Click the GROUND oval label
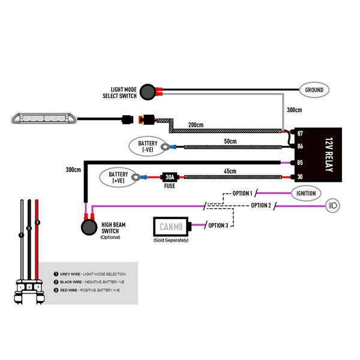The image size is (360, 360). pyautogui.click(x=314, y=90)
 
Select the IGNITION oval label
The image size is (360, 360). pyautogui.click(x=306, y=194)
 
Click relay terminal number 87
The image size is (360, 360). pyautogui.click(x=299, y=133)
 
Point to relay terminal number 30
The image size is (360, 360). pyautogui.click(x=299, y=177)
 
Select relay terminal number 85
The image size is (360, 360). pyautogui.click(x=299, y=162)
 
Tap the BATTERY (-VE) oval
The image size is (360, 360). pyautogui.click(x=148, y=146)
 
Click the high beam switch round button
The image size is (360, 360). pyautogui.click(x=89, y=228)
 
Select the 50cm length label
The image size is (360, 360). pyautogui.click(x=230, y=141)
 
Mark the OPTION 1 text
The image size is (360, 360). pyautogui.click(x=242, y=193)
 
